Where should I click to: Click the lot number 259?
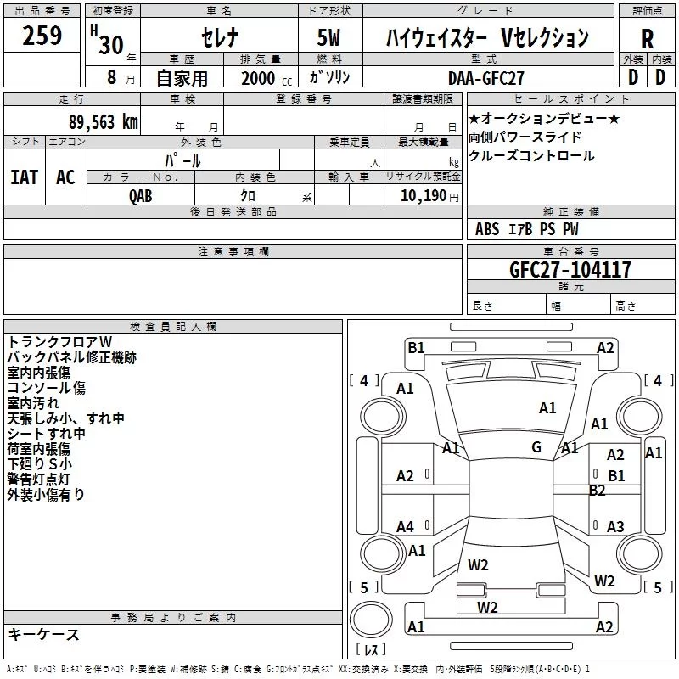coord(42,36)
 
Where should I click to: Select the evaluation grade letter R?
coord(647,39)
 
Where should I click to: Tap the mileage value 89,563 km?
coord(104,121)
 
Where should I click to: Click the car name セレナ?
coord(220,36)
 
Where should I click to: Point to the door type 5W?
coord(328,37)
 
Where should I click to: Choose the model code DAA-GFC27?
coord(485,78)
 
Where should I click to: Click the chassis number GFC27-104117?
coord(570,269)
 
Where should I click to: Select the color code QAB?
coord(141,196)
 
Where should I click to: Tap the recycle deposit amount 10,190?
coord(424,195)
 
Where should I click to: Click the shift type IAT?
coord(25,177)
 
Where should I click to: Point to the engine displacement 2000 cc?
coord(267,78)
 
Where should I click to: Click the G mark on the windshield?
coord(536,447)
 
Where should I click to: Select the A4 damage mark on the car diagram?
coord(405,526)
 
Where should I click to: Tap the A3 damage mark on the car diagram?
coord(615,526)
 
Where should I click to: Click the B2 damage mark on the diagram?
coord(598,491)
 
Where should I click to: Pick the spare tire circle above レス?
coord(371,619)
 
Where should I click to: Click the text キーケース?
coord(43,634)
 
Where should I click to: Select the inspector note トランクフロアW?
coord(59,342)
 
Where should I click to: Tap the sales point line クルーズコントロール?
coord(531,156)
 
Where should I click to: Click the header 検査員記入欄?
coord(173,327)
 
